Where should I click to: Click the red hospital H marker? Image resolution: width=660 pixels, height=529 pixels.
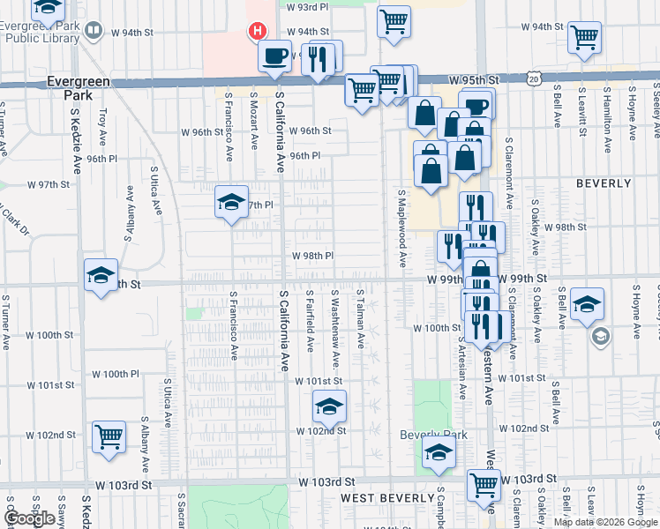coord(257,32)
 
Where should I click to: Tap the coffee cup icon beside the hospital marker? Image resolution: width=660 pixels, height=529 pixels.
coord(274,56)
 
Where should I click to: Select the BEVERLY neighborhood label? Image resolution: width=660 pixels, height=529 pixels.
coord(604,183)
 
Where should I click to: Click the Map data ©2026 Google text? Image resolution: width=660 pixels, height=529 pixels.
coord(605,522)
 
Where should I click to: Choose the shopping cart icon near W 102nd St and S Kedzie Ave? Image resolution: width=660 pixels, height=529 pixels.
coord(109,436)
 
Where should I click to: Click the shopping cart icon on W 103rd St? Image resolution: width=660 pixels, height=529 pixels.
coord(484,484)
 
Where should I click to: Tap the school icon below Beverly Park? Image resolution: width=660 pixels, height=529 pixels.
coord(438,453)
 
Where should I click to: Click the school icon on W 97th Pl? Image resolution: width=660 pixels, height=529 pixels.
coord(230,202)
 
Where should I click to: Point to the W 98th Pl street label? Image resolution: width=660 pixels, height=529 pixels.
coord(313,256)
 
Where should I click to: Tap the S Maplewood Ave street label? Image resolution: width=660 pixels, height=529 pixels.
coord(401,229)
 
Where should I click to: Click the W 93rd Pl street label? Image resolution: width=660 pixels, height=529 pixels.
coord(310,6)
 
